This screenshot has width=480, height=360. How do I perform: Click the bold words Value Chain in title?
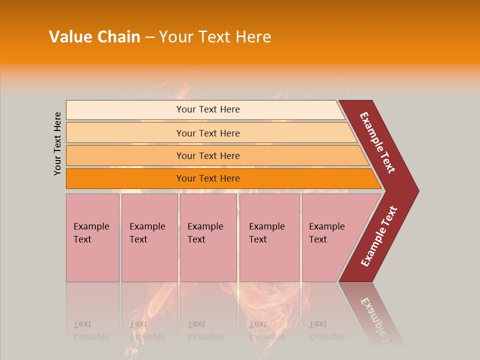point(94,37)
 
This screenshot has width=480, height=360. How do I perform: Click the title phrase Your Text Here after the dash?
point(215,37)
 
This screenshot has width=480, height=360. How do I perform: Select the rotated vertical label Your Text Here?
point(57,143)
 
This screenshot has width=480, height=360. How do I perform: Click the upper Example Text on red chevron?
point(377,142)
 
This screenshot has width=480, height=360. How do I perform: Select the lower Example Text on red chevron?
point(379,236)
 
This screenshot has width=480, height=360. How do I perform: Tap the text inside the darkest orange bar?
point(208,178)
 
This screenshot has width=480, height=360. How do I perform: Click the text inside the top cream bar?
point(208,109)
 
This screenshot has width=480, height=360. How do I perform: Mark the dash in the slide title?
point(149,37)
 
